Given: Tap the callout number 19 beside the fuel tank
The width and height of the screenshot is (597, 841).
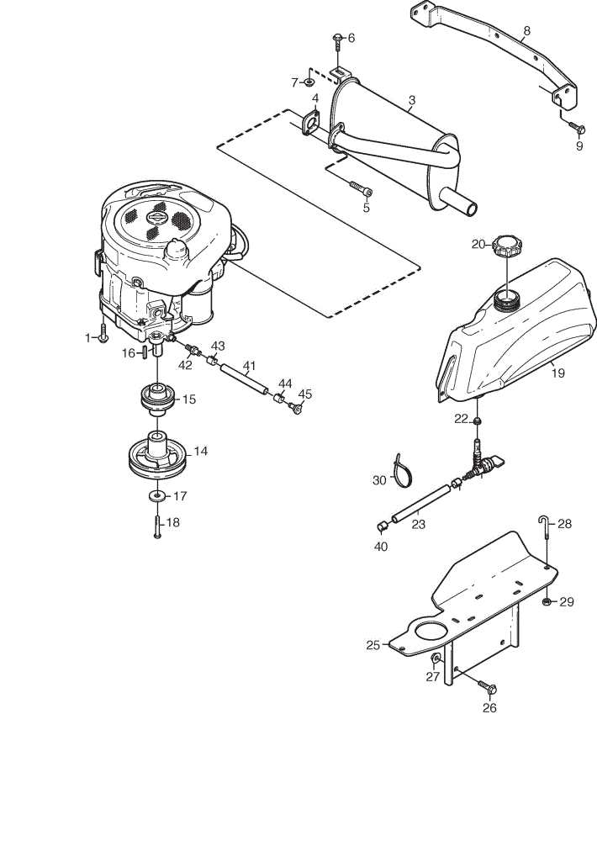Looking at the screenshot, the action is [x=557, y=373].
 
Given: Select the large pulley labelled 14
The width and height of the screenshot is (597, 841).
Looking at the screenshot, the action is [x=157, y=455].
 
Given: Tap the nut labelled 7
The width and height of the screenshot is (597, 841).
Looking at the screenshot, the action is [x=309, y=82].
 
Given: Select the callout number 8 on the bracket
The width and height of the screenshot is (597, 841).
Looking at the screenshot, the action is [x=526, y=31].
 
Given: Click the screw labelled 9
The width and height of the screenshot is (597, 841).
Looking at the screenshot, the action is [x=576, y=128].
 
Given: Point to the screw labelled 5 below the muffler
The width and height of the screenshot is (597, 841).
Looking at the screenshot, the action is [x=361, y=188].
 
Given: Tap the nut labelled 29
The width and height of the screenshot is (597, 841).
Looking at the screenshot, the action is [x=546, y=602].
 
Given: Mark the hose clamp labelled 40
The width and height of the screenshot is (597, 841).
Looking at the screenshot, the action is [x=383, y=527].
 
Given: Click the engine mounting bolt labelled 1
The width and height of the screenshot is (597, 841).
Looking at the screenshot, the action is [x=103, y=332].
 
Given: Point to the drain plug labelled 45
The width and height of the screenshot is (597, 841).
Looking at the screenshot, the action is [x=295, y=409].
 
